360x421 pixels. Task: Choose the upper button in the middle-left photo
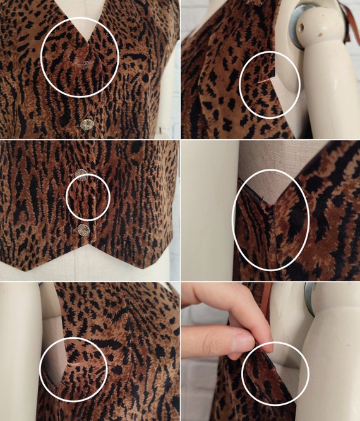(81, 174)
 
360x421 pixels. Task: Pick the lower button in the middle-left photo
(83, 229)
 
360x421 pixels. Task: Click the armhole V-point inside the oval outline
(269, 204)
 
